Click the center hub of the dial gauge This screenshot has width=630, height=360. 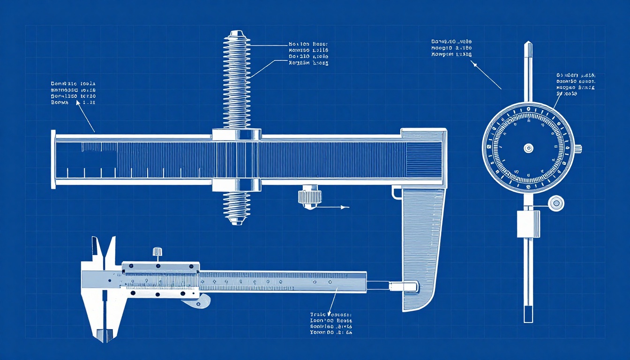528,148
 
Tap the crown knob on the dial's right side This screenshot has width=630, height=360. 577,149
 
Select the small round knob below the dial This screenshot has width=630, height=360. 556,203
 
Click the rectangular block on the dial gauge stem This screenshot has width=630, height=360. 528,224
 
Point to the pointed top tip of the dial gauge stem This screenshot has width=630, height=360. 528,44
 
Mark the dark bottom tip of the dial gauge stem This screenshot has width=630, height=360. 528,314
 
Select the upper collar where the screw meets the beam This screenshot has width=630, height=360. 236,135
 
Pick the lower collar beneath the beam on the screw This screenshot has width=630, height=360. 236,185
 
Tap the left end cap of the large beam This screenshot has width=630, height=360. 53,159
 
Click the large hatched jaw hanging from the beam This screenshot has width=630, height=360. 422,244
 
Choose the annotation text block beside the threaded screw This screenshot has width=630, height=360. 308,54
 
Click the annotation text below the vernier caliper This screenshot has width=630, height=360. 331,323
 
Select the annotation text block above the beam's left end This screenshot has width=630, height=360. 73,92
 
